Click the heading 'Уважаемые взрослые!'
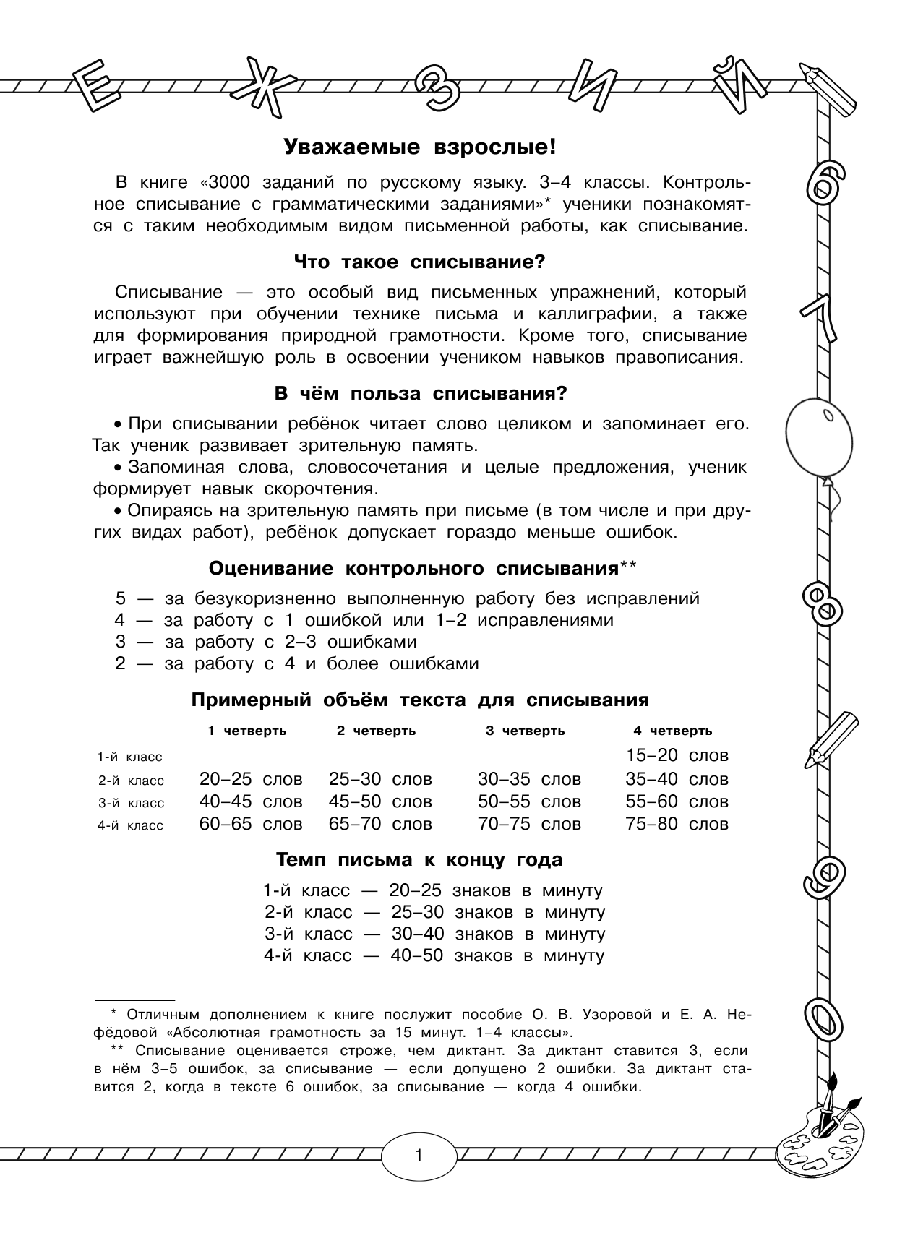(x=419, y=147)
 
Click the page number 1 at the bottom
(x=419, y=1155)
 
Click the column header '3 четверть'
(x=525, y=731)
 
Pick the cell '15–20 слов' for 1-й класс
(x=677, y=755)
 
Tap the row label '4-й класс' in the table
(x=131, y=825)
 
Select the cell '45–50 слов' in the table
(x=380, y=801)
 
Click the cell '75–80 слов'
(x=677, y=824)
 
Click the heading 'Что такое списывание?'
(x=419, y=262)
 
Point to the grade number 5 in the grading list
(x=121, y=598)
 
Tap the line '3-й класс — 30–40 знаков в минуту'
(x=434, y=934)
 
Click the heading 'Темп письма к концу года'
(x=419, y=860)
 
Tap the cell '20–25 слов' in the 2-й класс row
(x=251, y=779)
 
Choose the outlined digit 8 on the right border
(x=823, y=602)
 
